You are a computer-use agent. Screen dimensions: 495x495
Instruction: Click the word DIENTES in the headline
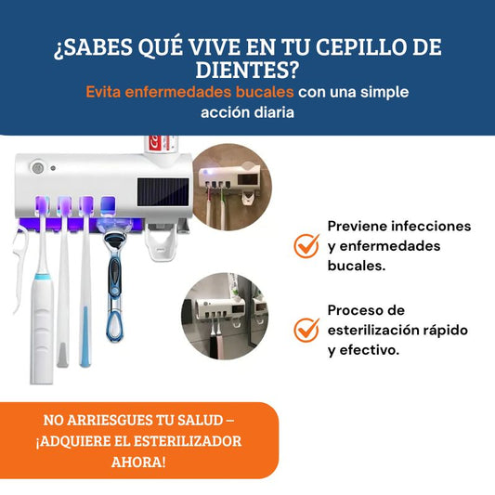246,70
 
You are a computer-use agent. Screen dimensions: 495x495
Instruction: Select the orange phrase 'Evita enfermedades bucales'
189,92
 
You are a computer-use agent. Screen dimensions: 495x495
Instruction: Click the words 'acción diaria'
247,112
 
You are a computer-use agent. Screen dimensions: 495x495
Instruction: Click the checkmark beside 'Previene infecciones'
306,245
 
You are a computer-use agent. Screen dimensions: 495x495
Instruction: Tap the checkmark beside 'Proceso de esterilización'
306,330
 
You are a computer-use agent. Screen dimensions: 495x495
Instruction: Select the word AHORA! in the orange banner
138,462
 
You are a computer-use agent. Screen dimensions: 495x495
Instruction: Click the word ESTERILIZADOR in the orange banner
188,441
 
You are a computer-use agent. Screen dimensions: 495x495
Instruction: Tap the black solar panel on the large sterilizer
163,191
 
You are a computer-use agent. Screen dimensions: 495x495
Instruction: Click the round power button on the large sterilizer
38,167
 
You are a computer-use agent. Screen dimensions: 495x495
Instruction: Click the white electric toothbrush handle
43,329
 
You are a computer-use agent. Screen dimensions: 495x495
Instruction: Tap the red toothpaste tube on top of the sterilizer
161,144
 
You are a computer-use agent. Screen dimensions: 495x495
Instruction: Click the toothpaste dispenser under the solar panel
161,242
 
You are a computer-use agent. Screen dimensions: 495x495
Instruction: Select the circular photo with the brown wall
232,187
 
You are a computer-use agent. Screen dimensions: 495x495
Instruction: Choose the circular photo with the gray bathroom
225,316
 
